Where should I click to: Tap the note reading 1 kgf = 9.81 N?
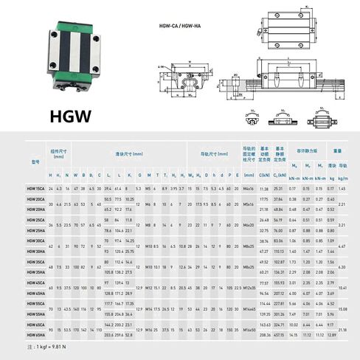(44, 347)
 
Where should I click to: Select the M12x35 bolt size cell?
(248, 288)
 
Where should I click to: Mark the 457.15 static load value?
(278, 335)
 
